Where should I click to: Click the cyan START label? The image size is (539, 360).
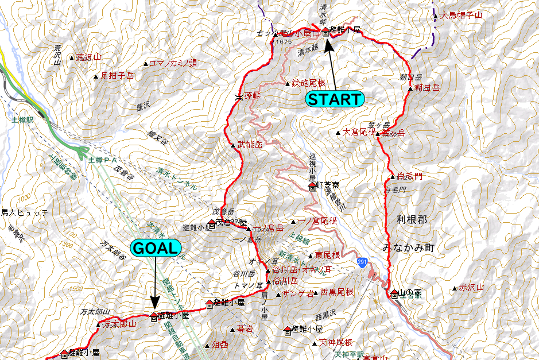pos(335,99)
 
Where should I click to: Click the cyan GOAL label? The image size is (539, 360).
pos(156,247)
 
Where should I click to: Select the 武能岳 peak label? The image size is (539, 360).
pos(250,145)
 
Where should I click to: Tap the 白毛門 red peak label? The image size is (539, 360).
pos(410,177)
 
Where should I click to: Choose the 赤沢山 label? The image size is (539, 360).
pos(472,287)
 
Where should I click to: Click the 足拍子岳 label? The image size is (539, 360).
pos(117,75)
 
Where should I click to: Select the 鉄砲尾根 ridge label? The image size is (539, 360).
pos(308,84)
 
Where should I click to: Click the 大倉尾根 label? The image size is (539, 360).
pos(359,133)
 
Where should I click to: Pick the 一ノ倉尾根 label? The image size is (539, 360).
pos(317,221)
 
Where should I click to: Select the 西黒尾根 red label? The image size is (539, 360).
pos(336,292)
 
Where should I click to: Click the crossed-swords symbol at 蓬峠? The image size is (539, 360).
pos(238,97)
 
